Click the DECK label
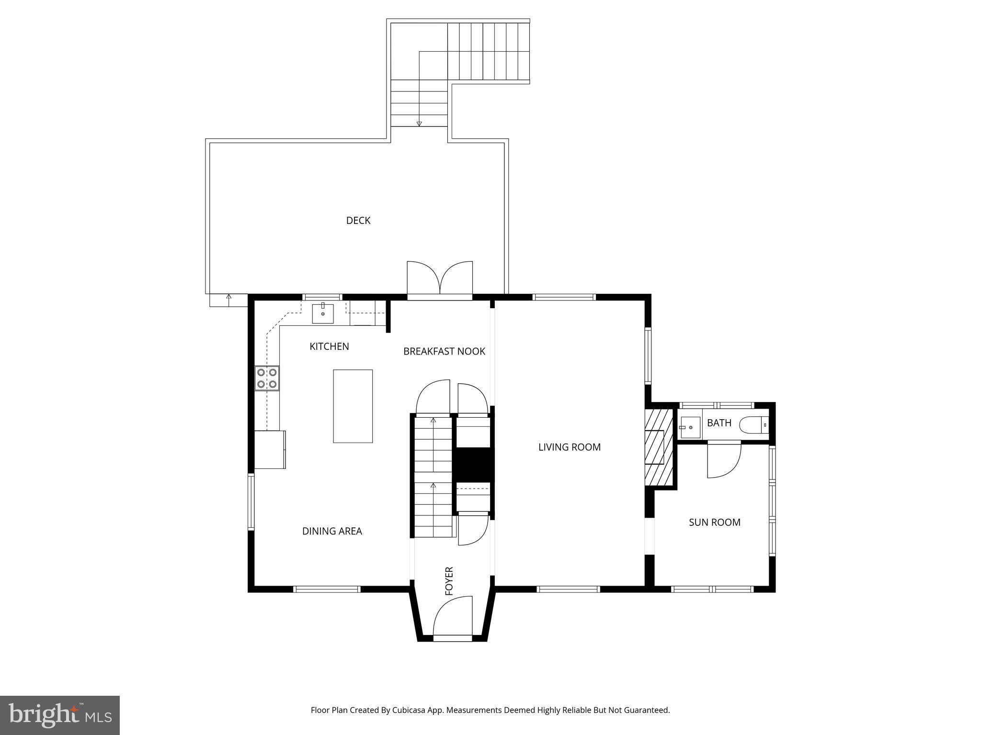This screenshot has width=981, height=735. [358, 221]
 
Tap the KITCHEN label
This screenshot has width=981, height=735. [329, 346]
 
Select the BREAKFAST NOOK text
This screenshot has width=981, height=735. [444, 352]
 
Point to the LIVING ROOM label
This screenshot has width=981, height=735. [569, 447]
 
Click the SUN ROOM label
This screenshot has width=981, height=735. [714, 523]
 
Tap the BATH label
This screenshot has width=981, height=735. [719, 423]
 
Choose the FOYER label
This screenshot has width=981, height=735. [449, 581]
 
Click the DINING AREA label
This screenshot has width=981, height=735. [332, 531]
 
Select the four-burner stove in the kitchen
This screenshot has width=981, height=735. [267, 378]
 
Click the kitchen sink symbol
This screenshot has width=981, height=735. [323, 313]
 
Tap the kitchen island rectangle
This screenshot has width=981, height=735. [353, 406]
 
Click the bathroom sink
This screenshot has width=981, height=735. [690, 427]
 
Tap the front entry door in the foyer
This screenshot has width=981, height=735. [453, 617]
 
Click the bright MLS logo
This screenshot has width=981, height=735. [59, 715]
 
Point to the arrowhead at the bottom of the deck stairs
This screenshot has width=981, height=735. [419, 124]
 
